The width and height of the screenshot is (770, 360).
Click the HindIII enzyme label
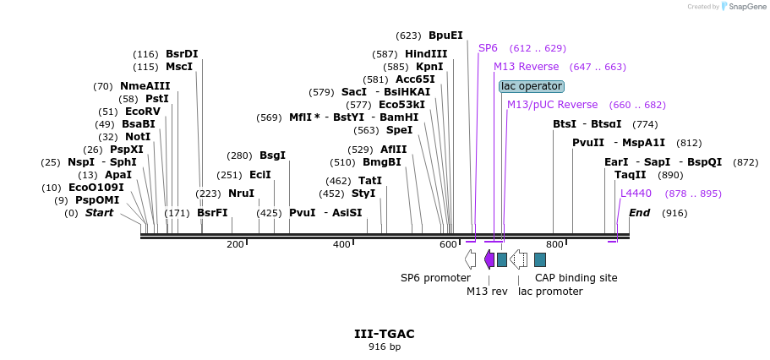coord(426,54)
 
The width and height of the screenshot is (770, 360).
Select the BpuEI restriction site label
coord(445,35)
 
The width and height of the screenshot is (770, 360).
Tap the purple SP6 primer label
coord(488,48)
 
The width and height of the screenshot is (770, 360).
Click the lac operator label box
coord(532,86)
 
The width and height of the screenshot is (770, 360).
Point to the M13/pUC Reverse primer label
coord(552,105)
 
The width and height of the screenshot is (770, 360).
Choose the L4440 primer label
coord(636,194)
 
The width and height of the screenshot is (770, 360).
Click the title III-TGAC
coord(385,334)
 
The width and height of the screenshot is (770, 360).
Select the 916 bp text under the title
coord(385,346)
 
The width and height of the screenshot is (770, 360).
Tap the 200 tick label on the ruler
coord(235,244)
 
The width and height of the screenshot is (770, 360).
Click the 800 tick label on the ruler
coord(554,244)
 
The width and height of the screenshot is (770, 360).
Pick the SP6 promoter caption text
coord(435,277)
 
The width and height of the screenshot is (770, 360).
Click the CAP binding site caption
coord(576,277)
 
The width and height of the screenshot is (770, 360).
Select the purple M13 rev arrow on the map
coord(489,259)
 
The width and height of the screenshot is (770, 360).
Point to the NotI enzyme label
coord(138,137)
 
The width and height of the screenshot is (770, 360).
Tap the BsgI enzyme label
coord(272,155)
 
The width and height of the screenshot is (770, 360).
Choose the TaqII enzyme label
coord(630,175)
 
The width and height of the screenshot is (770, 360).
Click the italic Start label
coord(99,213)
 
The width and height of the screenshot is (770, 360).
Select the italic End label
coord(639,213)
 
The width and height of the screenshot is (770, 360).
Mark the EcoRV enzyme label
coord(142,112)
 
